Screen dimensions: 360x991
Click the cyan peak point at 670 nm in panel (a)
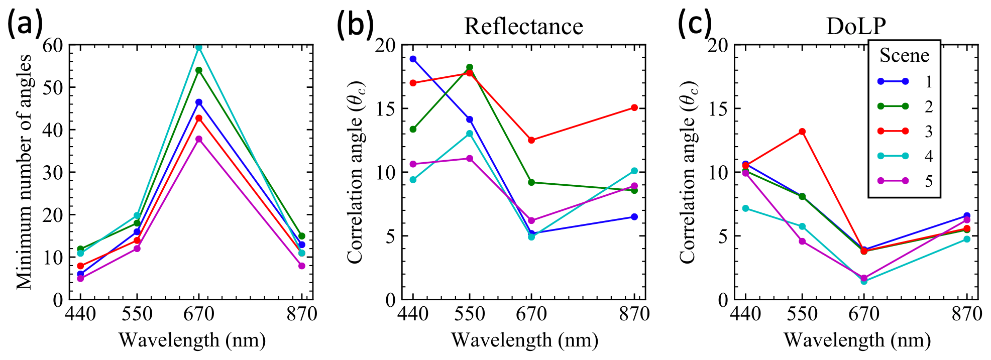coord(199,48)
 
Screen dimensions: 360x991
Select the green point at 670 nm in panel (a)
coord(199,70)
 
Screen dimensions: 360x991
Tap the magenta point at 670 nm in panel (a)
coord(199,139)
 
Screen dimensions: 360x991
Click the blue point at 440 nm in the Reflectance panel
coord(413,59)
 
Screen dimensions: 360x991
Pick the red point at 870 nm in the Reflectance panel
coord(634,107)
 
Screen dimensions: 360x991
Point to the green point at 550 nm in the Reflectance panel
coord(470,67)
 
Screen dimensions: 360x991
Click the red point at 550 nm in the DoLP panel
coord(802,132)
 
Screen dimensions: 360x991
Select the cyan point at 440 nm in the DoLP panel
coord(745,208)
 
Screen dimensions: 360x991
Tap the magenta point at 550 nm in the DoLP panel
coord(802,242)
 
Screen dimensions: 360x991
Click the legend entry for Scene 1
coord(904,81)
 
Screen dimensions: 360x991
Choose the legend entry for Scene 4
coord(904,156)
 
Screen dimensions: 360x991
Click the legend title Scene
coord(904,55)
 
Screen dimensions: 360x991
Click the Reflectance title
coord(523,26)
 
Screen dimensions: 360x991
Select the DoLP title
coord(856,26)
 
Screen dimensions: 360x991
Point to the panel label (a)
coord(24,24)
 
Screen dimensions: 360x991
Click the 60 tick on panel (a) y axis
coord(53,46)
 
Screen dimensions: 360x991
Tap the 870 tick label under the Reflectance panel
coord(634,314)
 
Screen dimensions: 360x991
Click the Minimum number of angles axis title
coord(24,172)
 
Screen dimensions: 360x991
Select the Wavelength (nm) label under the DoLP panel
coord(857,340)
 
